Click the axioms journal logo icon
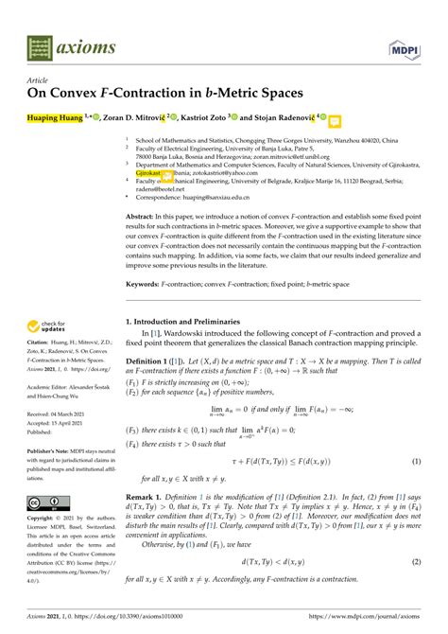pos(39,44)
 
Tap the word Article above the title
pos(38,81)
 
